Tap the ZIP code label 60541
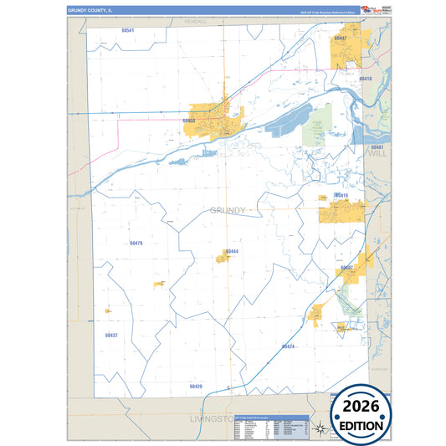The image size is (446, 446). pyautogui.click(x=128, y=30)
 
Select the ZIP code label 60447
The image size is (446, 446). pyautogui.click(x=340, y=38)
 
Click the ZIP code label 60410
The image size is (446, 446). pyautogui.click(x=365, y=79)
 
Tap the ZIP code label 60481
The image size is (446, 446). pyautogui.click(x=376, y=147)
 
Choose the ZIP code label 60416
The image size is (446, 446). pyautogui.click(x=341, y=195)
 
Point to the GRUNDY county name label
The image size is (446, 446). pyautogui.click(x=228, y=210)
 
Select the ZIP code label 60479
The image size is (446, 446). pyautogui.click(x=137, y=243)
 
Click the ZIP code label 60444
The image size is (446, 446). pyautogui.click(x=232, y=251)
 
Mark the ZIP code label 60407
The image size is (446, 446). pyautogui.click(x=346, y=267)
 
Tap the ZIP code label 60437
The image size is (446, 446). pyautogui.click(x=112, y=335)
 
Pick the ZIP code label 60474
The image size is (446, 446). pyautogui.click(x=288, y=346)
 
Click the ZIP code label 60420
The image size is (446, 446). pyautogui.click(x=196, y=386)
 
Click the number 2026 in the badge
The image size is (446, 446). pyautogui.click(x=364, y=406)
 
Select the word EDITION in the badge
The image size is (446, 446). pyautogui.click(x=364, y=425)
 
